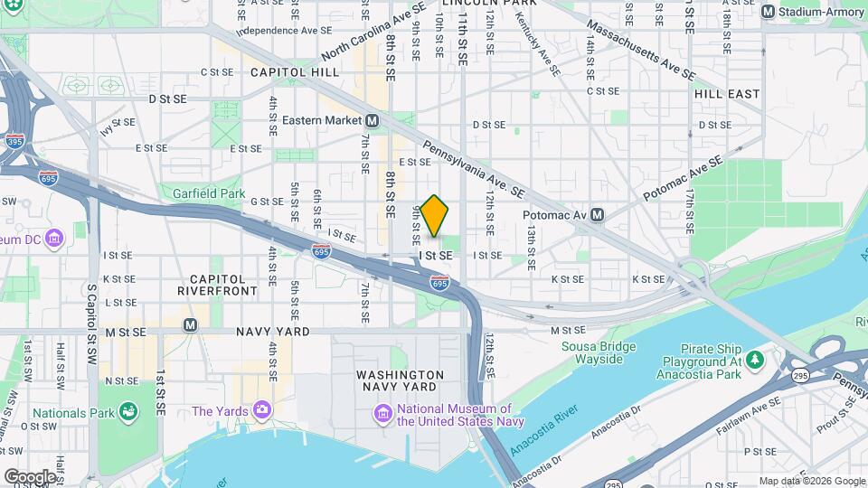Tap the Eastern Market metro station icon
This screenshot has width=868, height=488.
(x=372, y=120)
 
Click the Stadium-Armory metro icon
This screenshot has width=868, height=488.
(x=768, y=12)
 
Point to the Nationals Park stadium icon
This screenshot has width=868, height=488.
(x=128, y=412)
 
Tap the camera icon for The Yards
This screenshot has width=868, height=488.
(x=262, y=411)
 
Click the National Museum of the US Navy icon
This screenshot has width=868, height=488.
(x=383, y=414)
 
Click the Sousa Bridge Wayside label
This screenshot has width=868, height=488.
(x=592, y=352)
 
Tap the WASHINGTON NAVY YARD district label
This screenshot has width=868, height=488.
(x=400, y=381)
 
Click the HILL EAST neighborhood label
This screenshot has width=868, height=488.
(x=727, y=94)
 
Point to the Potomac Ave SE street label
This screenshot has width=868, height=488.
(x=684, y=179)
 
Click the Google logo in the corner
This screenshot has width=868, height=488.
(x=29, y=476)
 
